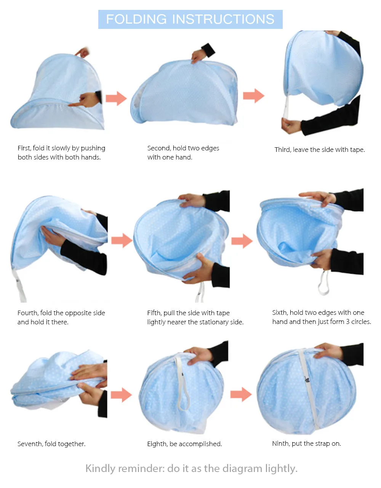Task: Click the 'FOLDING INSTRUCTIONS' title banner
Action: coord(190,19)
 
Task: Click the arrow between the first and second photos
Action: coord(116,98)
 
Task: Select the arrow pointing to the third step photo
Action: coord(253,96)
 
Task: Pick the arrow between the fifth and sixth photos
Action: coord(242,241)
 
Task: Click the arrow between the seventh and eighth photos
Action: coord(121,395)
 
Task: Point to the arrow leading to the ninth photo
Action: coord(241,394)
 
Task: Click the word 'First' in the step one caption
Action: coord(24,148)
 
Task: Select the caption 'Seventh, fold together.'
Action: coord(51,444)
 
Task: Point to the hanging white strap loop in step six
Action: coord(324,284)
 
